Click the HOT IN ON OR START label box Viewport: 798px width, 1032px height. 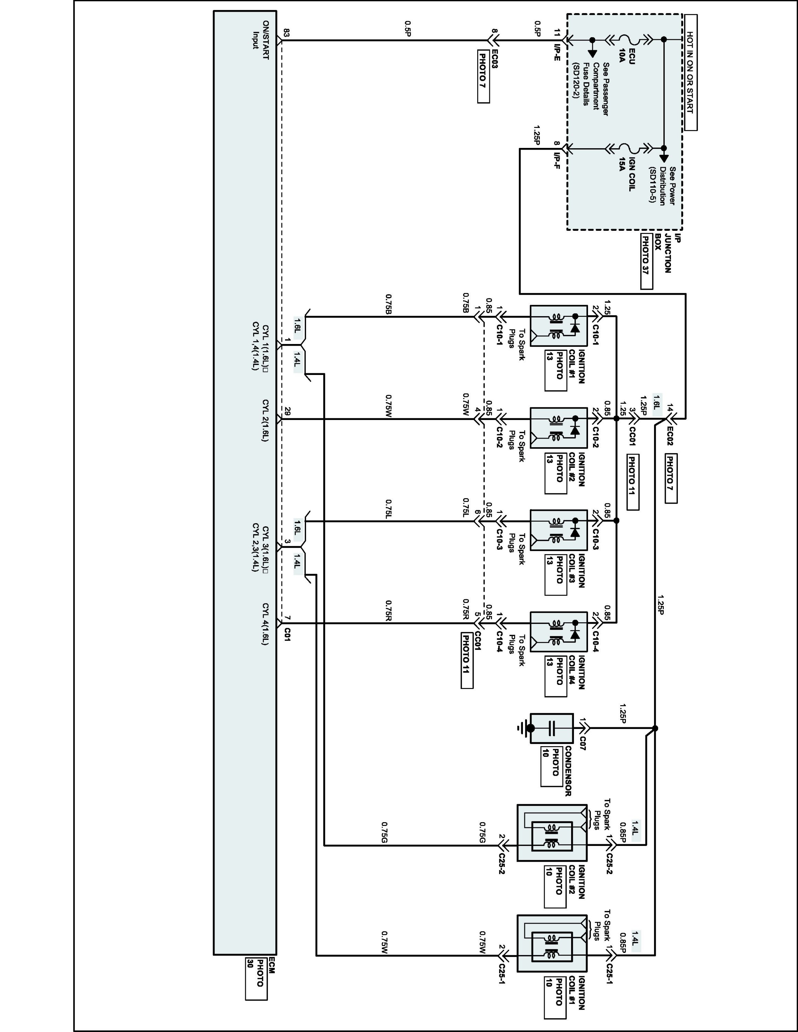(x=690, y=72)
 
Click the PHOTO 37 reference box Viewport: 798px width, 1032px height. (x=646, y=261)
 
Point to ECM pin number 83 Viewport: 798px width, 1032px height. (x=286, y=33)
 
